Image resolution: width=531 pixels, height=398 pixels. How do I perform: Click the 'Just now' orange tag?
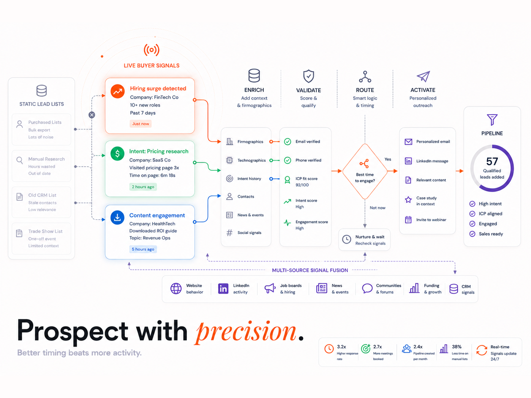pos(141,124)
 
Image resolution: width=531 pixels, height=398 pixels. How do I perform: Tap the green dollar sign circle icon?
pos(117,153)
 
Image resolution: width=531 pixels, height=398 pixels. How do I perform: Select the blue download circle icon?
pos(117,218)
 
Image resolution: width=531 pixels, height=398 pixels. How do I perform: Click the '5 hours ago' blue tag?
pos(143,249)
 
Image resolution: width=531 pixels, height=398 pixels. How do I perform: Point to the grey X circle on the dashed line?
pos(92,115)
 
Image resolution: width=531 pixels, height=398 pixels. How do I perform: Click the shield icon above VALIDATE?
pos(308,76)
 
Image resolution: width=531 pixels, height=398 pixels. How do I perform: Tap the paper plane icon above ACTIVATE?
pos(423,76)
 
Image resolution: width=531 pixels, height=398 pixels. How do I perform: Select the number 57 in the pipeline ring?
pos(492,161)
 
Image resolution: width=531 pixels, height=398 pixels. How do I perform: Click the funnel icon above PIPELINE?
pos(492,119)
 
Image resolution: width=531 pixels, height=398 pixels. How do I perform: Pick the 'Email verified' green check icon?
pos(287,142)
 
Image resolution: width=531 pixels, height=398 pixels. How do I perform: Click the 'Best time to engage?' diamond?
pos(365,171)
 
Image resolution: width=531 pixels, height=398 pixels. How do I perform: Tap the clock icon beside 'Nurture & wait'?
pos(346,239)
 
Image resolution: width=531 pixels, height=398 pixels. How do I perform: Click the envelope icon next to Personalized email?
pos(408,142)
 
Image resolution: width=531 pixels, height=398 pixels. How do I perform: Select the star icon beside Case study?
pos(408,199)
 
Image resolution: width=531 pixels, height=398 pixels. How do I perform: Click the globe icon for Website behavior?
pos(176,288)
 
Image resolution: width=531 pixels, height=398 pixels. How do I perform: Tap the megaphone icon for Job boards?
pos(270,288)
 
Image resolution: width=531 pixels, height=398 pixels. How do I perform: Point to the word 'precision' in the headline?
pos(246,332)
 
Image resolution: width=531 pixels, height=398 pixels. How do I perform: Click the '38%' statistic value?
pos(457,347)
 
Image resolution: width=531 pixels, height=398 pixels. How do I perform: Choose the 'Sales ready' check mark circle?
pos(472,233)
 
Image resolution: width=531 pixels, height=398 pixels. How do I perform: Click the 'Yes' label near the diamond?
pos(388,159)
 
